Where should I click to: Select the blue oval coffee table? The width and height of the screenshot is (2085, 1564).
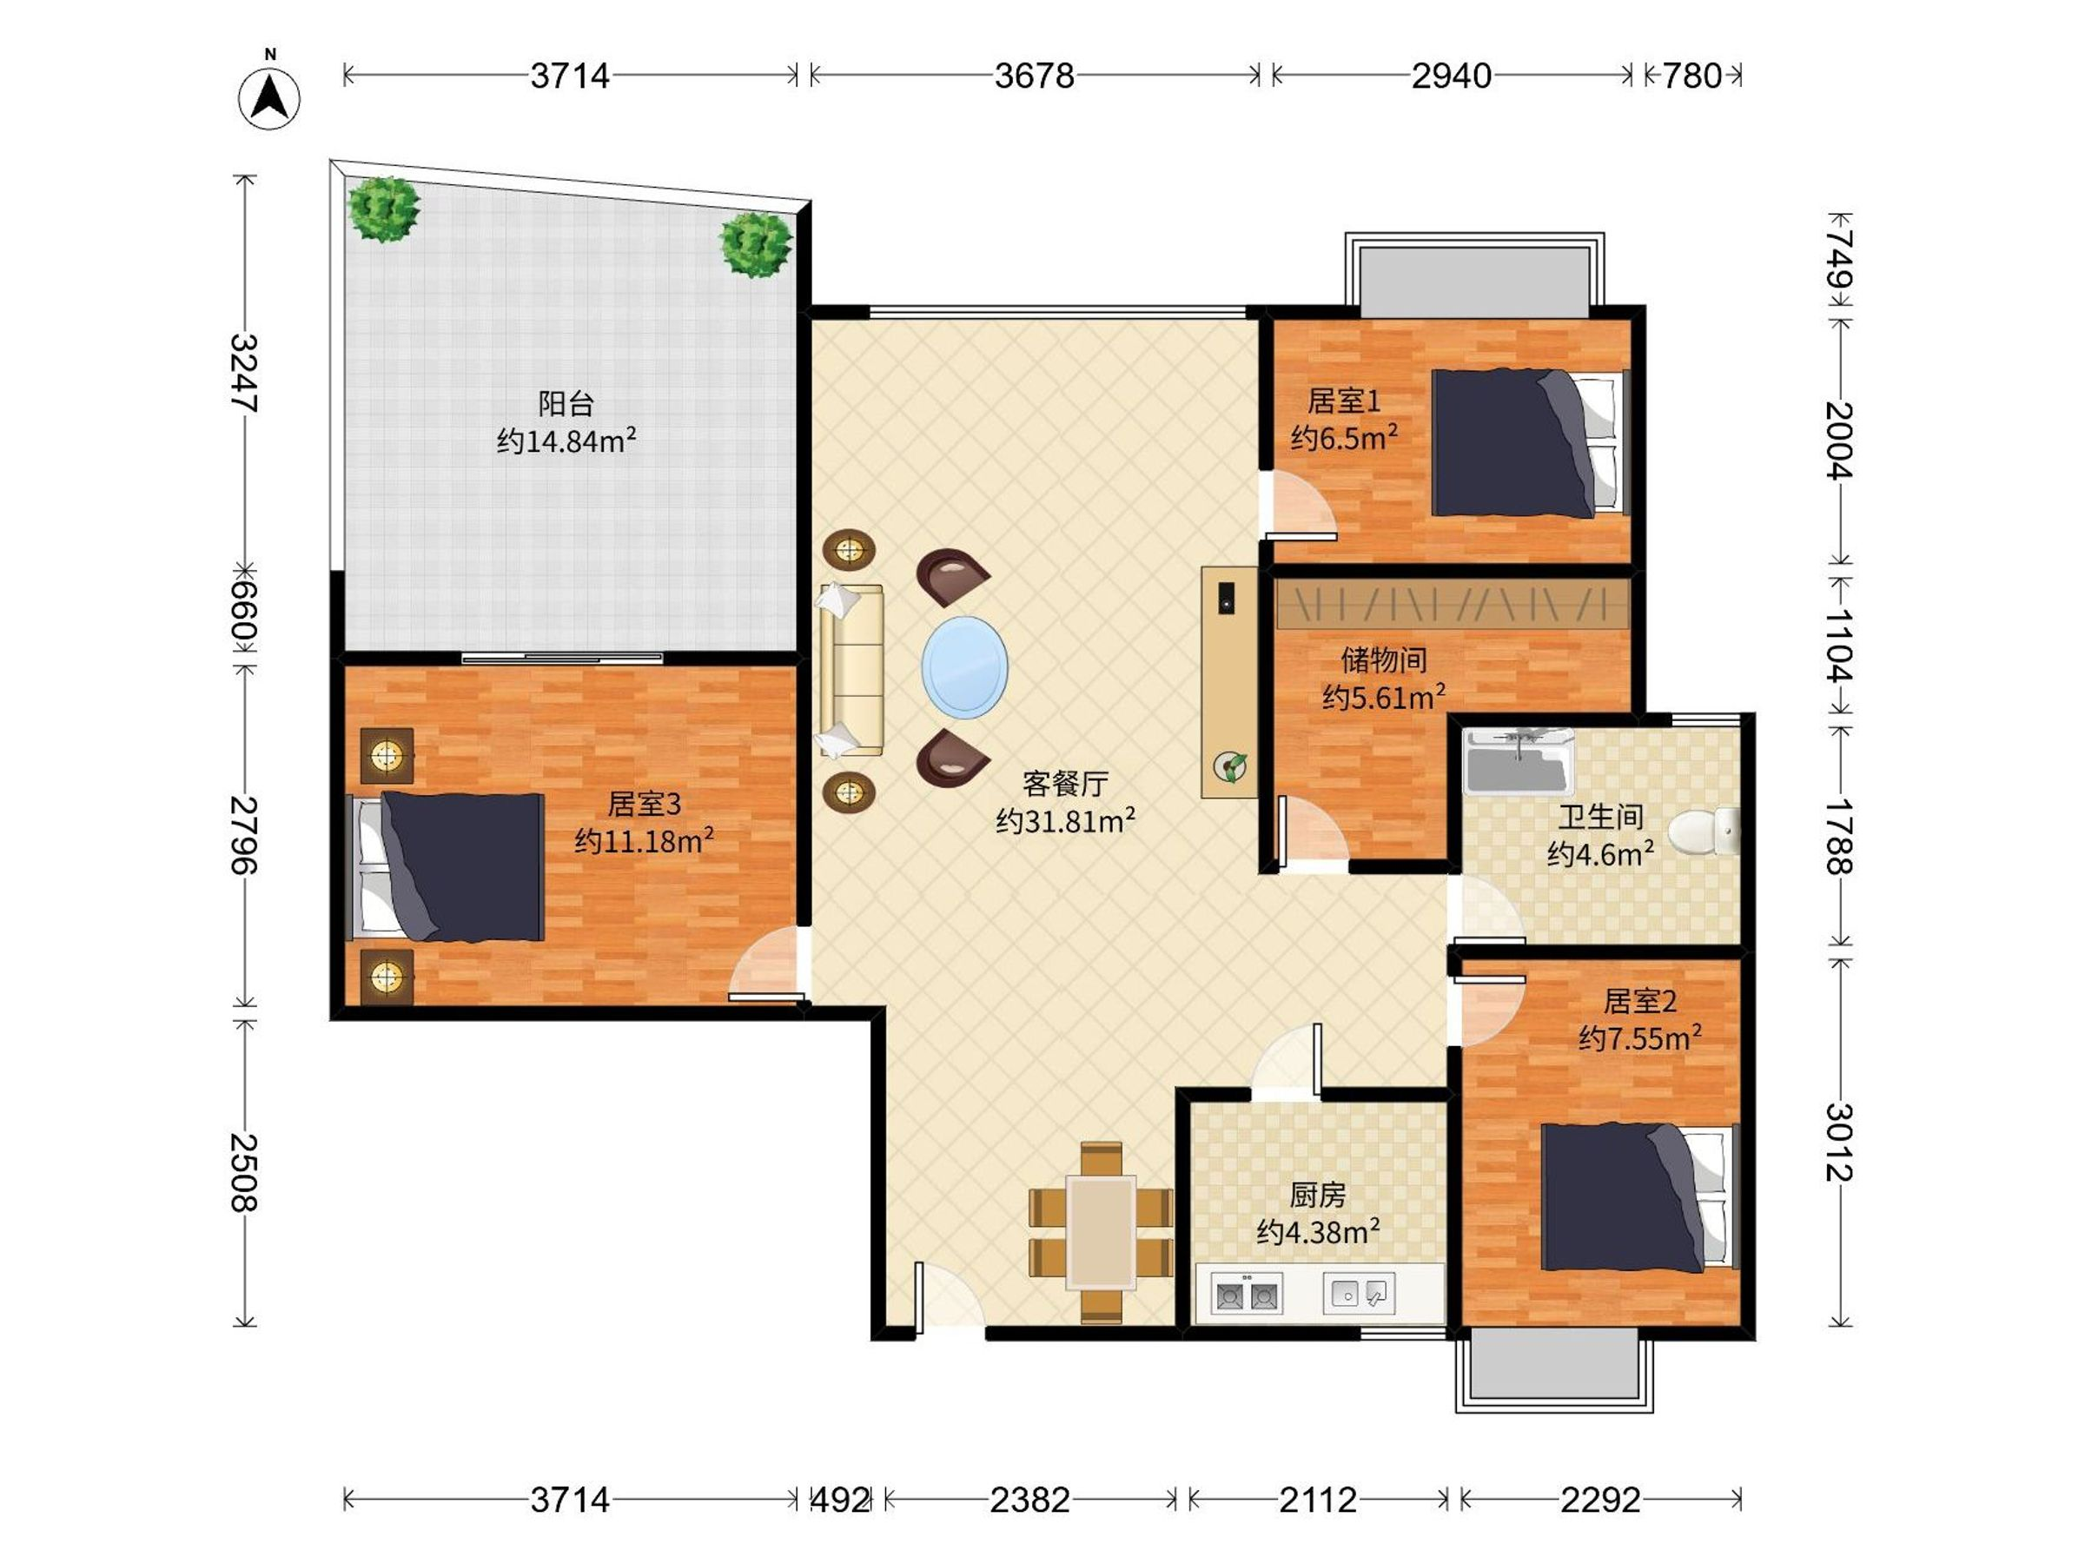point(964,666)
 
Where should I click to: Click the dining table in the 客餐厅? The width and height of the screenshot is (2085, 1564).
point(1101,1231)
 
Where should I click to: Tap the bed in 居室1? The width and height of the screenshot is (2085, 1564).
point(1531,443)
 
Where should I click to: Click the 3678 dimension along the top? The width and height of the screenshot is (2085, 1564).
point(1034,76)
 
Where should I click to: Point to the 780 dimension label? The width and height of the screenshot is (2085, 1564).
point(1692,76)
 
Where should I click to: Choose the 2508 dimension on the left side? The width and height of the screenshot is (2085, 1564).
point(244,1172)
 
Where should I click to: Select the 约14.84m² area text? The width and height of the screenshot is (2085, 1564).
point(566,441)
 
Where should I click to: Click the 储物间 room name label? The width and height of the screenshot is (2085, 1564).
point(1384,659)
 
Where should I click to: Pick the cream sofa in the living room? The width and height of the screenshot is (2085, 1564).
point(852,669)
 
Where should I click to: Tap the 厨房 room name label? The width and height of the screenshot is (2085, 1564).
point(1318,1196)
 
